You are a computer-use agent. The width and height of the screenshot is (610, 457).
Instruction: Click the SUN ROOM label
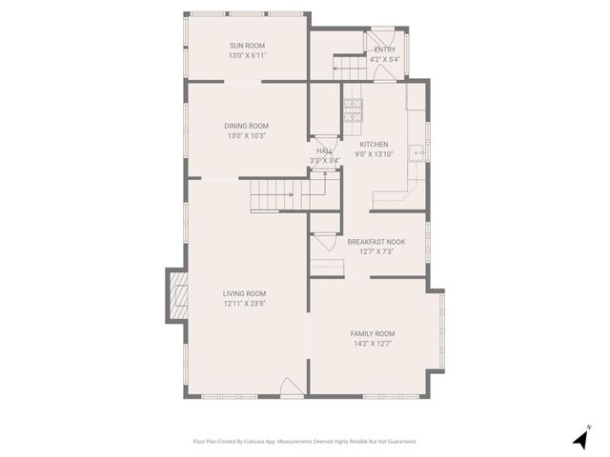[x=247, y=46]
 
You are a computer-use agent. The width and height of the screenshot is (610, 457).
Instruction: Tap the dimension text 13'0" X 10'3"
[x=247, y=136]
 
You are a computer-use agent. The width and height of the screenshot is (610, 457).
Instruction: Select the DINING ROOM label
[x=247, y=126]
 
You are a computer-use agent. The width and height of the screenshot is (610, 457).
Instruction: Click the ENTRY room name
[x=385, y=50]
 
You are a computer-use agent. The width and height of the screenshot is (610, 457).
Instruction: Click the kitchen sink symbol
[x=417, y=150]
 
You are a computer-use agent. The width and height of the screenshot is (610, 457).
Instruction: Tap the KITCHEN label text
[x=374, y=144]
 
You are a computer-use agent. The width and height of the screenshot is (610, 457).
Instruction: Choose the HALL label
[x=324, y=150]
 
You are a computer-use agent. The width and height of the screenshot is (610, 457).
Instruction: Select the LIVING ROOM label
[x=245, y=293]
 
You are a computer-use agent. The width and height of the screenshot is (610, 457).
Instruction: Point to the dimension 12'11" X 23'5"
[x=245, y=304]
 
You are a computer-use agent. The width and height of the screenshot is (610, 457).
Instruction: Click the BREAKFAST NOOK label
[x=376, y=242]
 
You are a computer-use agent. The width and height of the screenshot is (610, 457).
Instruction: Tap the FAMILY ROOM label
[x=373, y=333]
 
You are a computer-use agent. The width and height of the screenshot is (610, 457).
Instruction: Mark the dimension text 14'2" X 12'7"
[x=373, y=344]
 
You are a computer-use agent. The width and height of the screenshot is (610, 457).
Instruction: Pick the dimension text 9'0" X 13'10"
[x=374, y=154]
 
